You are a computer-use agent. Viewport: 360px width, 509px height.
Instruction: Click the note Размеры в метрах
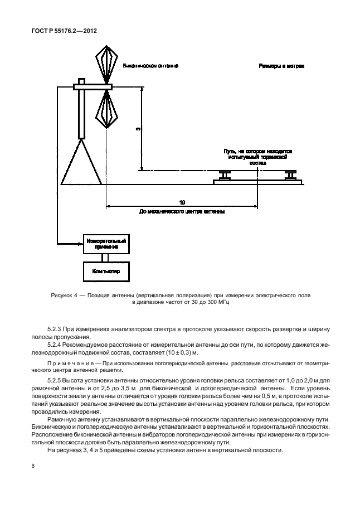tap(281, 66)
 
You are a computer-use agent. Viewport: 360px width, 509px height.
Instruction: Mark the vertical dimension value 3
tap(138, 129)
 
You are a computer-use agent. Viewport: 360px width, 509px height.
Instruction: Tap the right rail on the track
tap(291, 176)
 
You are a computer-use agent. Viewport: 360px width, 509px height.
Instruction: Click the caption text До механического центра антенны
tap(182, 212)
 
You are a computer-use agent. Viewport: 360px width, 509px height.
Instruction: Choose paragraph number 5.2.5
tap(57, 381)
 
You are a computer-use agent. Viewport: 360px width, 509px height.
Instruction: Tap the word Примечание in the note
tap(69, 363)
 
